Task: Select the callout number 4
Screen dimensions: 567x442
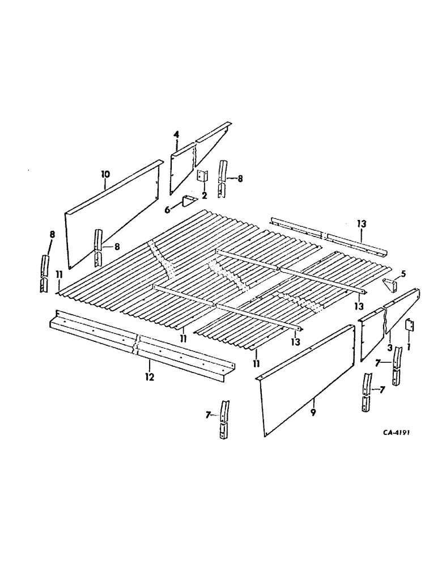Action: pyautogui.click(x=176, y=134)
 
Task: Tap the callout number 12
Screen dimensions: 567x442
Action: pyautogui.click(x=149, y=376)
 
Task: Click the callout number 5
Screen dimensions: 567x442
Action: pyautogui.click(x=403, y=274)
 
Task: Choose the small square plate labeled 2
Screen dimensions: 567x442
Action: pyautogui.click(x=201, y=176)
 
